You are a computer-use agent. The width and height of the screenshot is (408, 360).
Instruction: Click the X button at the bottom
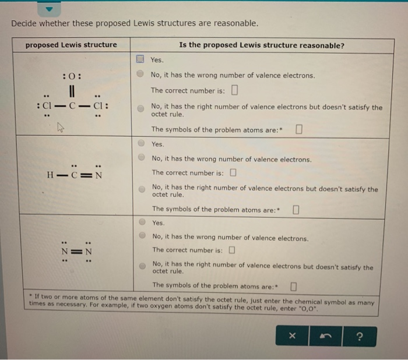pos(293,336)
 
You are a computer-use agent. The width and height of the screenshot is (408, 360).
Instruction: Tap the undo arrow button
pos(326,336)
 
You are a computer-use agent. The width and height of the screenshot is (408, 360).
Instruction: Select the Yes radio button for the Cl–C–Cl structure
pos(140,59)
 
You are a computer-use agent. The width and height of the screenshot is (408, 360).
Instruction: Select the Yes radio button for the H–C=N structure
pos(142,144)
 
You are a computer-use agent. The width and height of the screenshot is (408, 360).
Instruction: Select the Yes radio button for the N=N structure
pos(142,223)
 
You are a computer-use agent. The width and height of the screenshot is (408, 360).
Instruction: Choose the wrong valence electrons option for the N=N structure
pos(142,237)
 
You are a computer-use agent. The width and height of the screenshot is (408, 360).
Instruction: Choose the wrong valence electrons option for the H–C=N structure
pos(142,158)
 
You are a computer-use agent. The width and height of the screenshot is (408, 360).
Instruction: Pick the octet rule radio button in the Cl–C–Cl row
pos(141,108)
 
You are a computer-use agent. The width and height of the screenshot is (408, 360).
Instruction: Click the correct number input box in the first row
pos(234,90)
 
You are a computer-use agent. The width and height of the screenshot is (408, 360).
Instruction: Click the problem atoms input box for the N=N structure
pos(293,285)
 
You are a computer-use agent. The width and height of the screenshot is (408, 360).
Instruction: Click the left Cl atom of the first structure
pos(48,107)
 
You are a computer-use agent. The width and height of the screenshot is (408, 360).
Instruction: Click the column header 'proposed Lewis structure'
pos(71,45)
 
